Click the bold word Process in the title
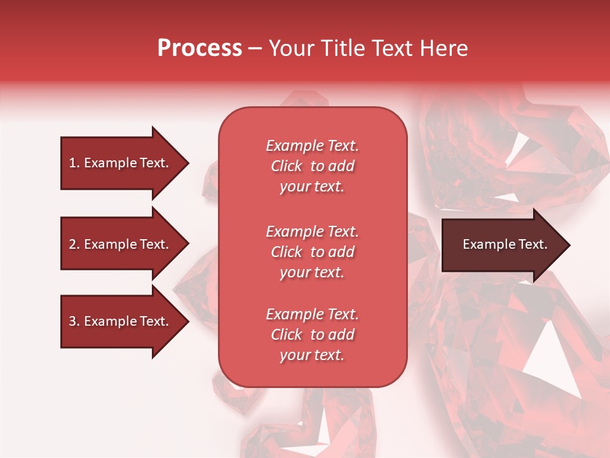tap(200, 48)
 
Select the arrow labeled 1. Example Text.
tap(121, 163)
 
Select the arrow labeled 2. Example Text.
tap(121, 244)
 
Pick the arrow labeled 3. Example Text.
tap(121, 321)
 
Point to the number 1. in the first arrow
tap(74, 163)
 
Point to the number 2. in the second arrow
tap(74, 244)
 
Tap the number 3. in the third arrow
tap(74, 321)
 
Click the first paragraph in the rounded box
tap(312, 166)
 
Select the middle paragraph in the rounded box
tap(312, 252)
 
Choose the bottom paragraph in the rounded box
tap(312, 335)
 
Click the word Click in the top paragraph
tap(287, 166)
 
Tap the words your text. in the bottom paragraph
tap(312, 355)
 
